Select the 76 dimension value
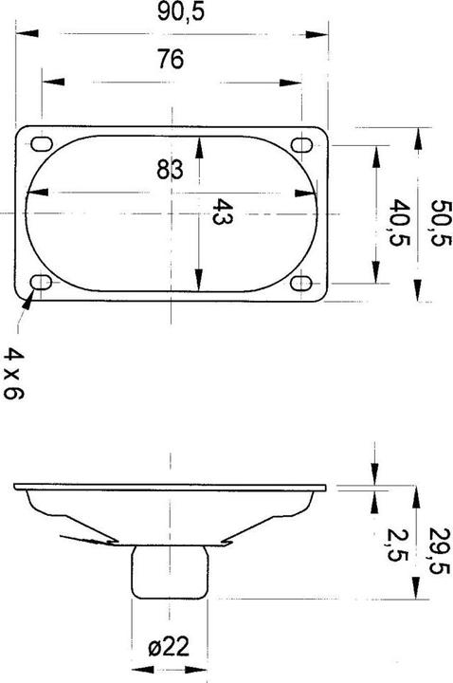[x=171, y=59]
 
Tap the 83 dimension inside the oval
[x=170, y=171]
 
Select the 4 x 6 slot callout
[x=13, y=372]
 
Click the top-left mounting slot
[x=42, y=144]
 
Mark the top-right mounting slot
[x=303, y=144]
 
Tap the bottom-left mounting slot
[x=42, y=284]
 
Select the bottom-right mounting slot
[x=303, y=284]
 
